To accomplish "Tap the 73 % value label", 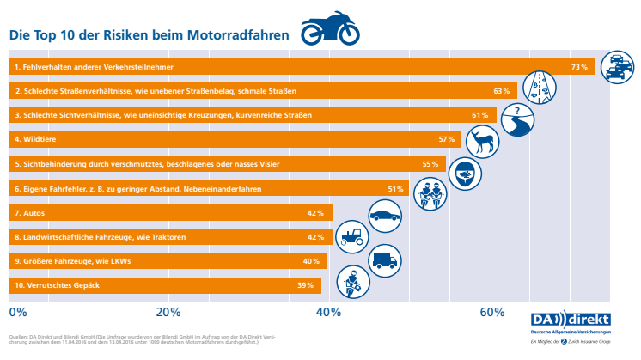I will tap(579, 66).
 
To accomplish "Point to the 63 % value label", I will tap(502, 90).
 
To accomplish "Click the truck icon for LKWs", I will tap(385, 259).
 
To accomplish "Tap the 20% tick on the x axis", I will tap(168, 311).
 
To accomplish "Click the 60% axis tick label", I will tap(491, 311).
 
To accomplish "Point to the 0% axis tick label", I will tap(17, 311).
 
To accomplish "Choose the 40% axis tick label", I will tap(330, 311).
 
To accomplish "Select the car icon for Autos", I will tap(385, 213).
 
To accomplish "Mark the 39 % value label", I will tap(305, 285).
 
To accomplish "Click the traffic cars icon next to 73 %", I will tap(616, 68).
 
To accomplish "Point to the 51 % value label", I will tap(396, 188).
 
